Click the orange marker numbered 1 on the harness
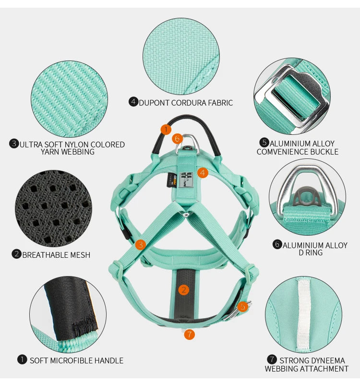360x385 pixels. (x=166, y=129)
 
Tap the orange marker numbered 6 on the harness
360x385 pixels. (x=177, y=139)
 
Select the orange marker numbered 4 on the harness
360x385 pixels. (x=203, y=172)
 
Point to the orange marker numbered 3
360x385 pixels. (x=140, y=245)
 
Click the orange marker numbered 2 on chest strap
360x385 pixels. (x=183, y=289)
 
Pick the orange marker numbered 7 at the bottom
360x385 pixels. (x=189, y=334)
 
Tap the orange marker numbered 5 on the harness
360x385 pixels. (x=243, y=306)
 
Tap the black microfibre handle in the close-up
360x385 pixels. (x=70, y=307)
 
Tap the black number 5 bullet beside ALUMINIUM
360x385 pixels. (x=264, y=143)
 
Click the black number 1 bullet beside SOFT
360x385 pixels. (x=22, y=360)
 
